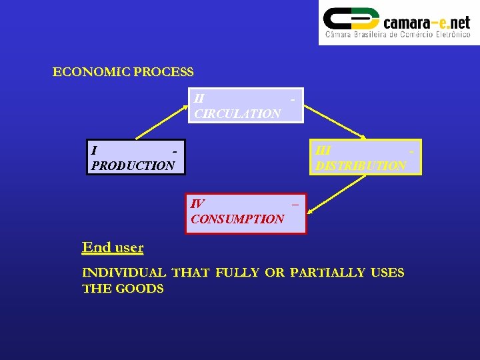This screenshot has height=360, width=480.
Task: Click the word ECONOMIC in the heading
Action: pyautogui.click(x=91, y=72)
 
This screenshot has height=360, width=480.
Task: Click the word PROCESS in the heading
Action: pyautogui.click(x=163, y=72)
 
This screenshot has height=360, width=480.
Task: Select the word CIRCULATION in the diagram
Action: pyautogui.click(x=237, y=113)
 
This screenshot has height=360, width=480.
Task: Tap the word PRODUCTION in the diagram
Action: pyautogui.click(x=133, y=165)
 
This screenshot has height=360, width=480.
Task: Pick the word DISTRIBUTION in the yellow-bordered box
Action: pyautogui.click(x=361, y=165)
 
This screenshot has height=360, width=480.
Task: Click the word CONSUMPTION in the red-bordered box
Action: pyautogui.click(x=237, y=219)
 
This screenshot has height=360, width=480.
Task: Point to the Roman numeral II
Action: pyautogui.click(x=199, y=98)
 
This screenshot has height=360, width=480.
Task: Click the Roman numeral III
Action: pyautogui.click(x=323, y=151)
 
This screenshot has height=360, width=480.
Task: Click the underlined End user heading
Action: pyautogui.click(x=113, y=247)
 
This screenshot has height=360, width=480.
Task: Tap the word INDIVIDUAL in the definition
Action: pyautogui.click(x=124, y=273)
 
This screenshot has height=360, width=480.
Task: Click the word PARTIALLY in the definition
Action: pyautogui.click(x=327, y=273)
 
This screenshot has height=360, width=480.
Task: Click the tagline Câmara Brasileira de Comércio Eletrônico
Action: pyautogui.click(x=397, y=35)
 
